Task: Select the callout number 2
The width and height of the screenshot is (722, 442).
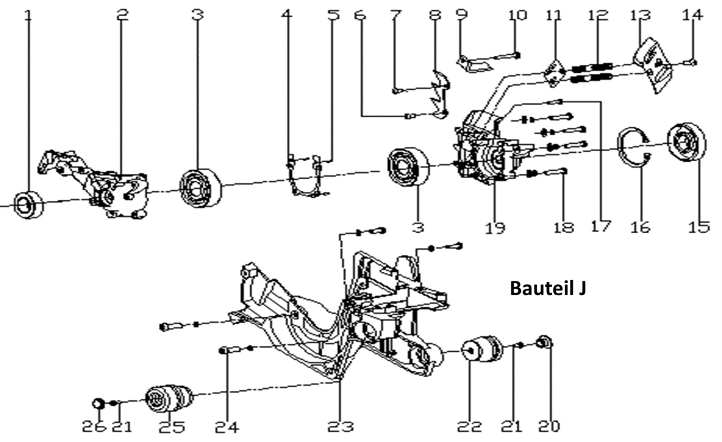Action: point(122,14)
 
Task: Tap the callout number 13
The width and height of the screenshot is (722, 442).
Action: point(639,14)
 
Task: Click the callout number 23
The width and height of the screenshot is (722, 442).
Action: point(340,427)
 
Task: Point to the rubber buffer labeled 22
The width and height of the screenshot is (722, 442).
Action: point(483,350)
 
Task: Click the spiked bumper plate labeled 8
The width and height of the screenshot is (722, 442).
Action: point(440,90)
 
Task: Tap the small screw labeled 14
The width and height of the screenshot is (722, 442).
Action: point(693,62)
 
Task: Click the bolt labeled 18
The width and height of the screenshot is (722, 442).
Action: point(557,173)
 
